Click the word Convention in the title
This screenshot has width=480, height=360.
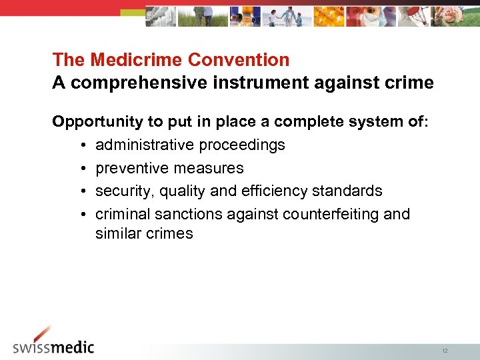[239, 60]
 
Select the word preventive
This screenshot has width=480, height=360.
[131, 168]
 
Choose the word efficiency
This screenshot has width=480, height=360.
[263, 191]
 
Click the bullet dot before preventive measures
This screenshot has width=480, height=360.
[79, 169]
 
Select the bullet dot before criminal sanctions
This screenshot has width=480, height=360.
[79, 215]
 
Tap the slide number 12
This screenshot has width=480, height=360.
[445, 351]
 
